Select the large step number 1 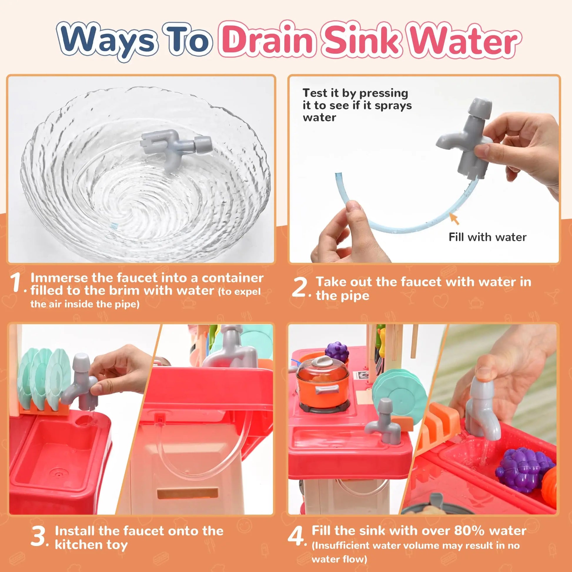[15, 282]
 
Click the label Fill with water [487, 237]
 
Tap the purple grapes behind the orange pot [337, 352]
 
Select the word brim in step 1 [124, 290]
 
